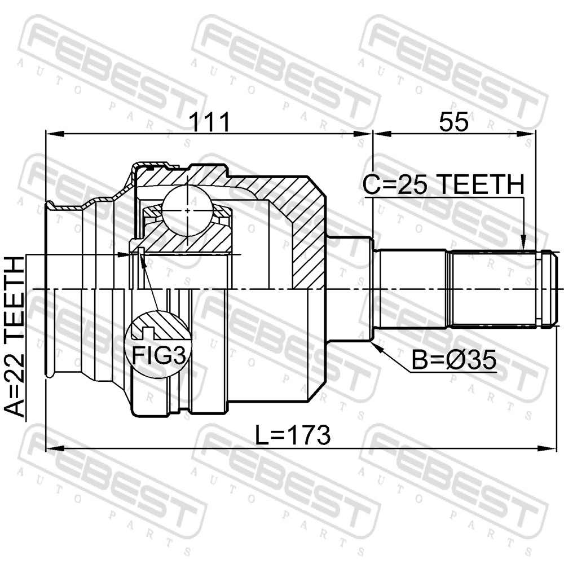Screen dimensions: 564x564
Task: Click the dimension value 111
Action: (x=209, y=122)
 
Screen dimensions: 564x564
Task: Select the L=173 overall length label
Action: (x=292, y=435)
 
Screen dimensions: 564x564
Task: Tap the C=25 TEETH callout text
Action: (x=443, y=184)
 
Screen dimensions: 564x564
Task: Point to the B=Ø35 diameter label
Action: (x=454, y=360)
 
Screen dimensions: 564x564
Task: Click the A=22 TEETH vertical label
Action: (x=15, y=336)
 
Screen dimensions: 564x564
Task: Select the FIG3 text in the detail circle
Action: (x=159, y=355)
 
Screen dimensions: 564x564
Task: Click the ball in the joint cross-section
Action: (x=187, y=210)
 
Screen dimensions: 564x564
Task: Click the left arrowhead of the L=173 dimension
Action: (x=55, y=448)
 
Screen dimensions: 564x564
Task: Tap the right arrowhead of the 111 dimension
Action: (x=363, y=134)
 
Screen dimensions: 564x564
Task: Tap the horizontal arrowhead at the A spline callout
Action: (x=125, y=255)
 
